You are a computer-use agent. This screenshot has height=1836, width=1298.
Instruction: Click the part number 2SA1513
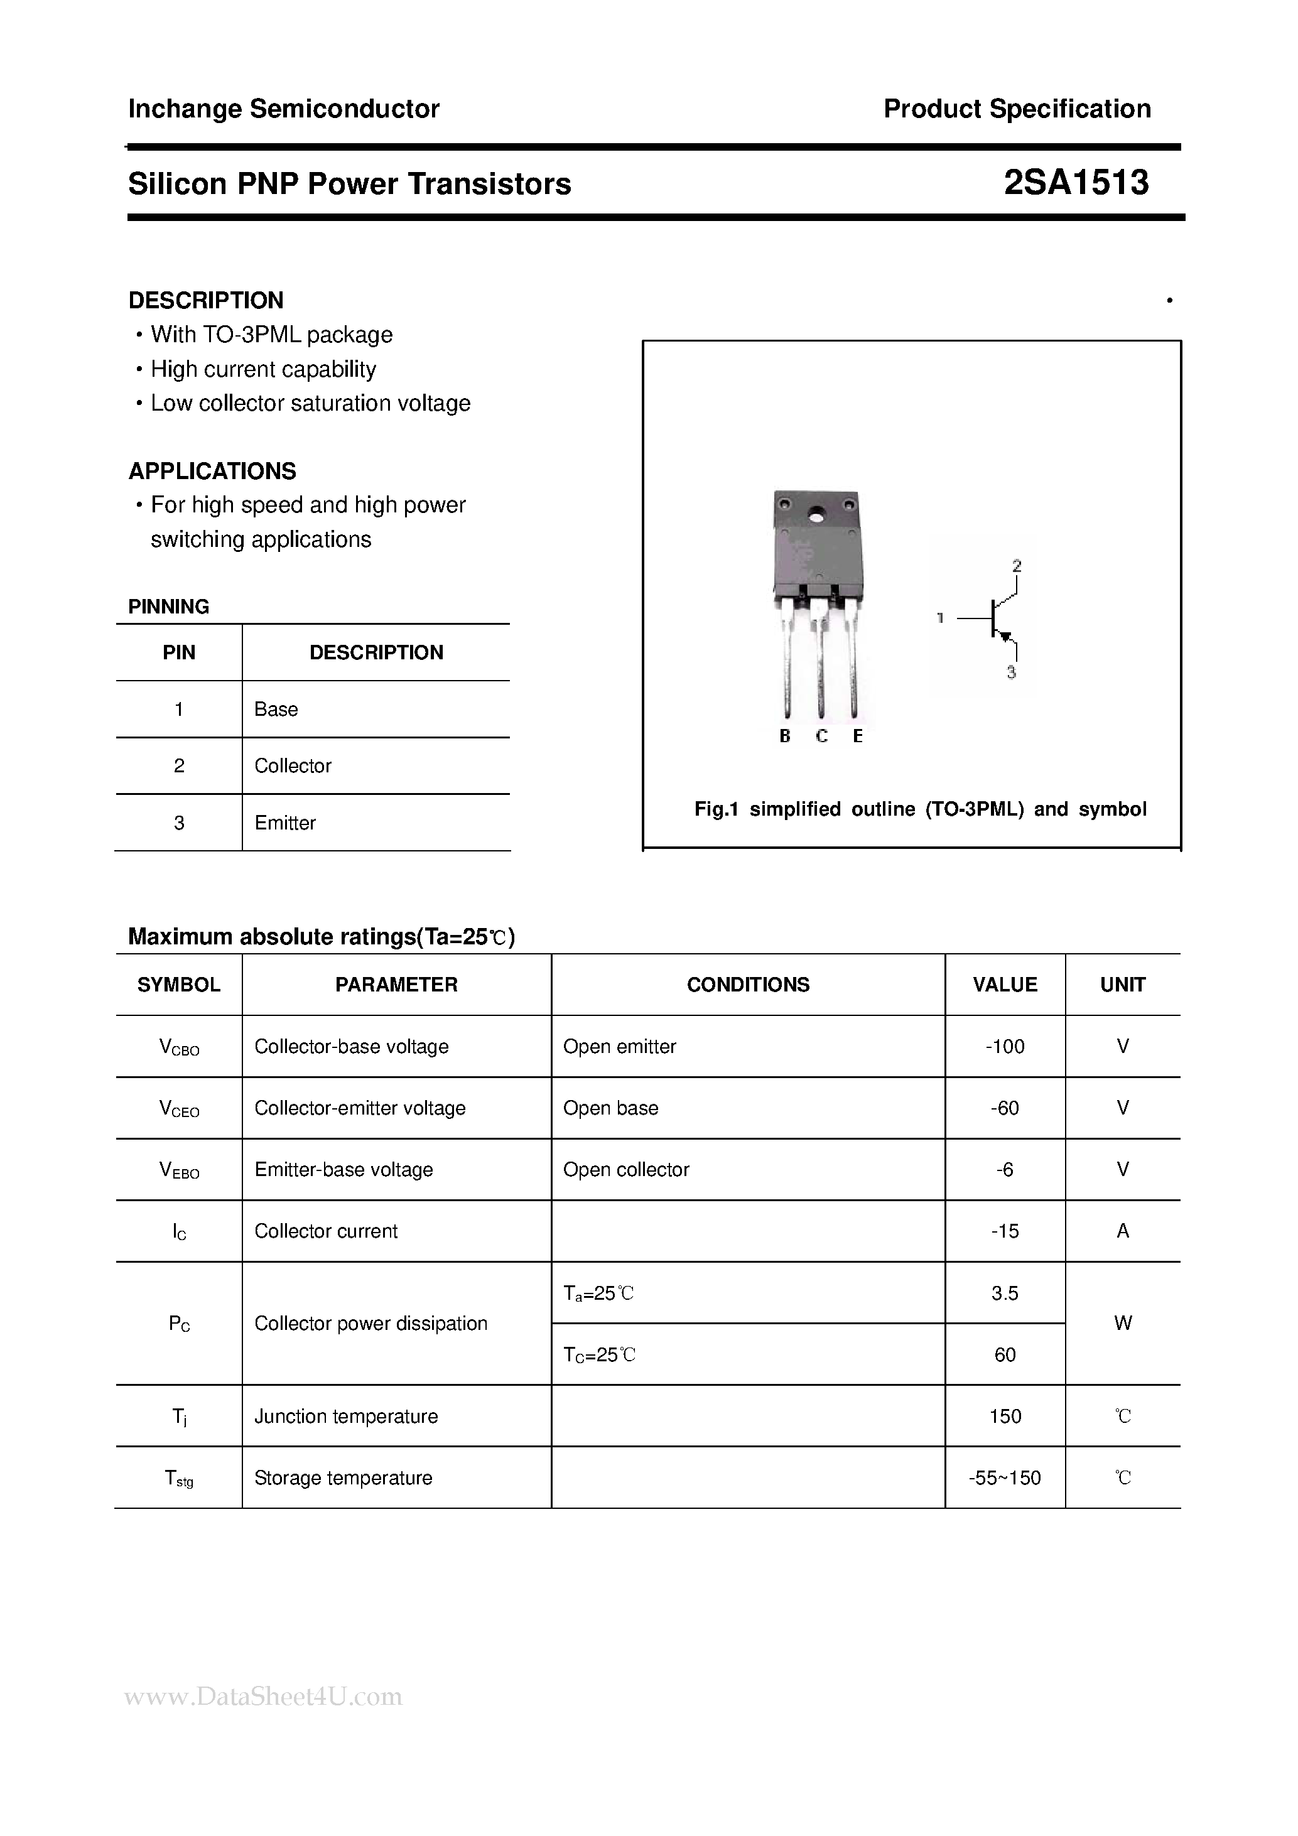tap(1076, 183)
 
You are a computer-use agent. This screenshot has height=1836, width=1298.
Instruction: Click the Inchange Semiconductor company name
tap(284, 109)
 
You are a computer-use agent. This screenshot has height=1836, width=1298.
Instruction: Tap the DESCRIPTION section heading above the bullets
tap(205, 300)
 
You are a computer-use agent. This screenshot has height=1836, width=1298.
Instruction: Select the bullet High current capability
tap(263, 369)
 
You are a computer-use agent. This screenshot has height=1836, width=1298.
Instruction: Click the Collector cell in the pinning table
tap(293, 765)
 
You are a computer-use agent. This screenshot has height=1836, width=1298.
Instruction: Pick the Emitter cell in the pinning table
tap(284, 822)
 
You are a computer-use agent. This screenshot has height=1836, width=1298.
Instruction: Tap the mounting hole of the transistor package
tap(816, 516)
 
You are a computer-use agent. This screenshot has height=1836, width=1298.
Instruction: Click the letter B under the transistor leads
tap(784, 736)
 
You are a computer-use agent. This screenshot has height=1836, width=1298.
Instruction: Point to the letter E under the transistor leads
tap(857, 736)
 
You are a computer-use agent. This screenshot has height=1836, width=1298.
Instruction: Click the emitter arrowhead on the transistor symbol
tap(1006, 637)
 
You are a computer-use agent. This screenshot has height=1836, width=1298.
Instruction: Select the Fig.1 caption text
tap(920, 809)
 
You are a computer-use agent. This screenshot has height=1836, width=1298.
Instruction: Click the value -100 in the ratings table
tap(1005, 1046)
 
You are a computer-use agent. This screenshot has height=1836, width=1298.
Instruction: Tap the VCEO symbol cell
tap(179, 1108)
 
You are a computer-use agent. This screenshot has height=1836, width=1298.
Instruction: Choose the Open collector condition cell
tap(625, 1169)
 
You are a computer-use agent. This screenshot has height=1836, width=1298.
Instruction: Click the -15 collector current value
tap(1005, 1231)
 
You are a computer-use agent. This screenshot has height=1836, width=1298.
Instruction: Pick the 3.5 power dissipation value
tap(1005, 1293)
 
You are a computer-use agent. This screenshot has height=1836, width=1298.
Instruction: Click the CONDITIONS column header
tap(748, 985)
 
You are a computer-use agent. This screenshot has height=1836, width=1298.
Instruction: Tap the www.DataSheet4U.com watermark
tap(264, 1696)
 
